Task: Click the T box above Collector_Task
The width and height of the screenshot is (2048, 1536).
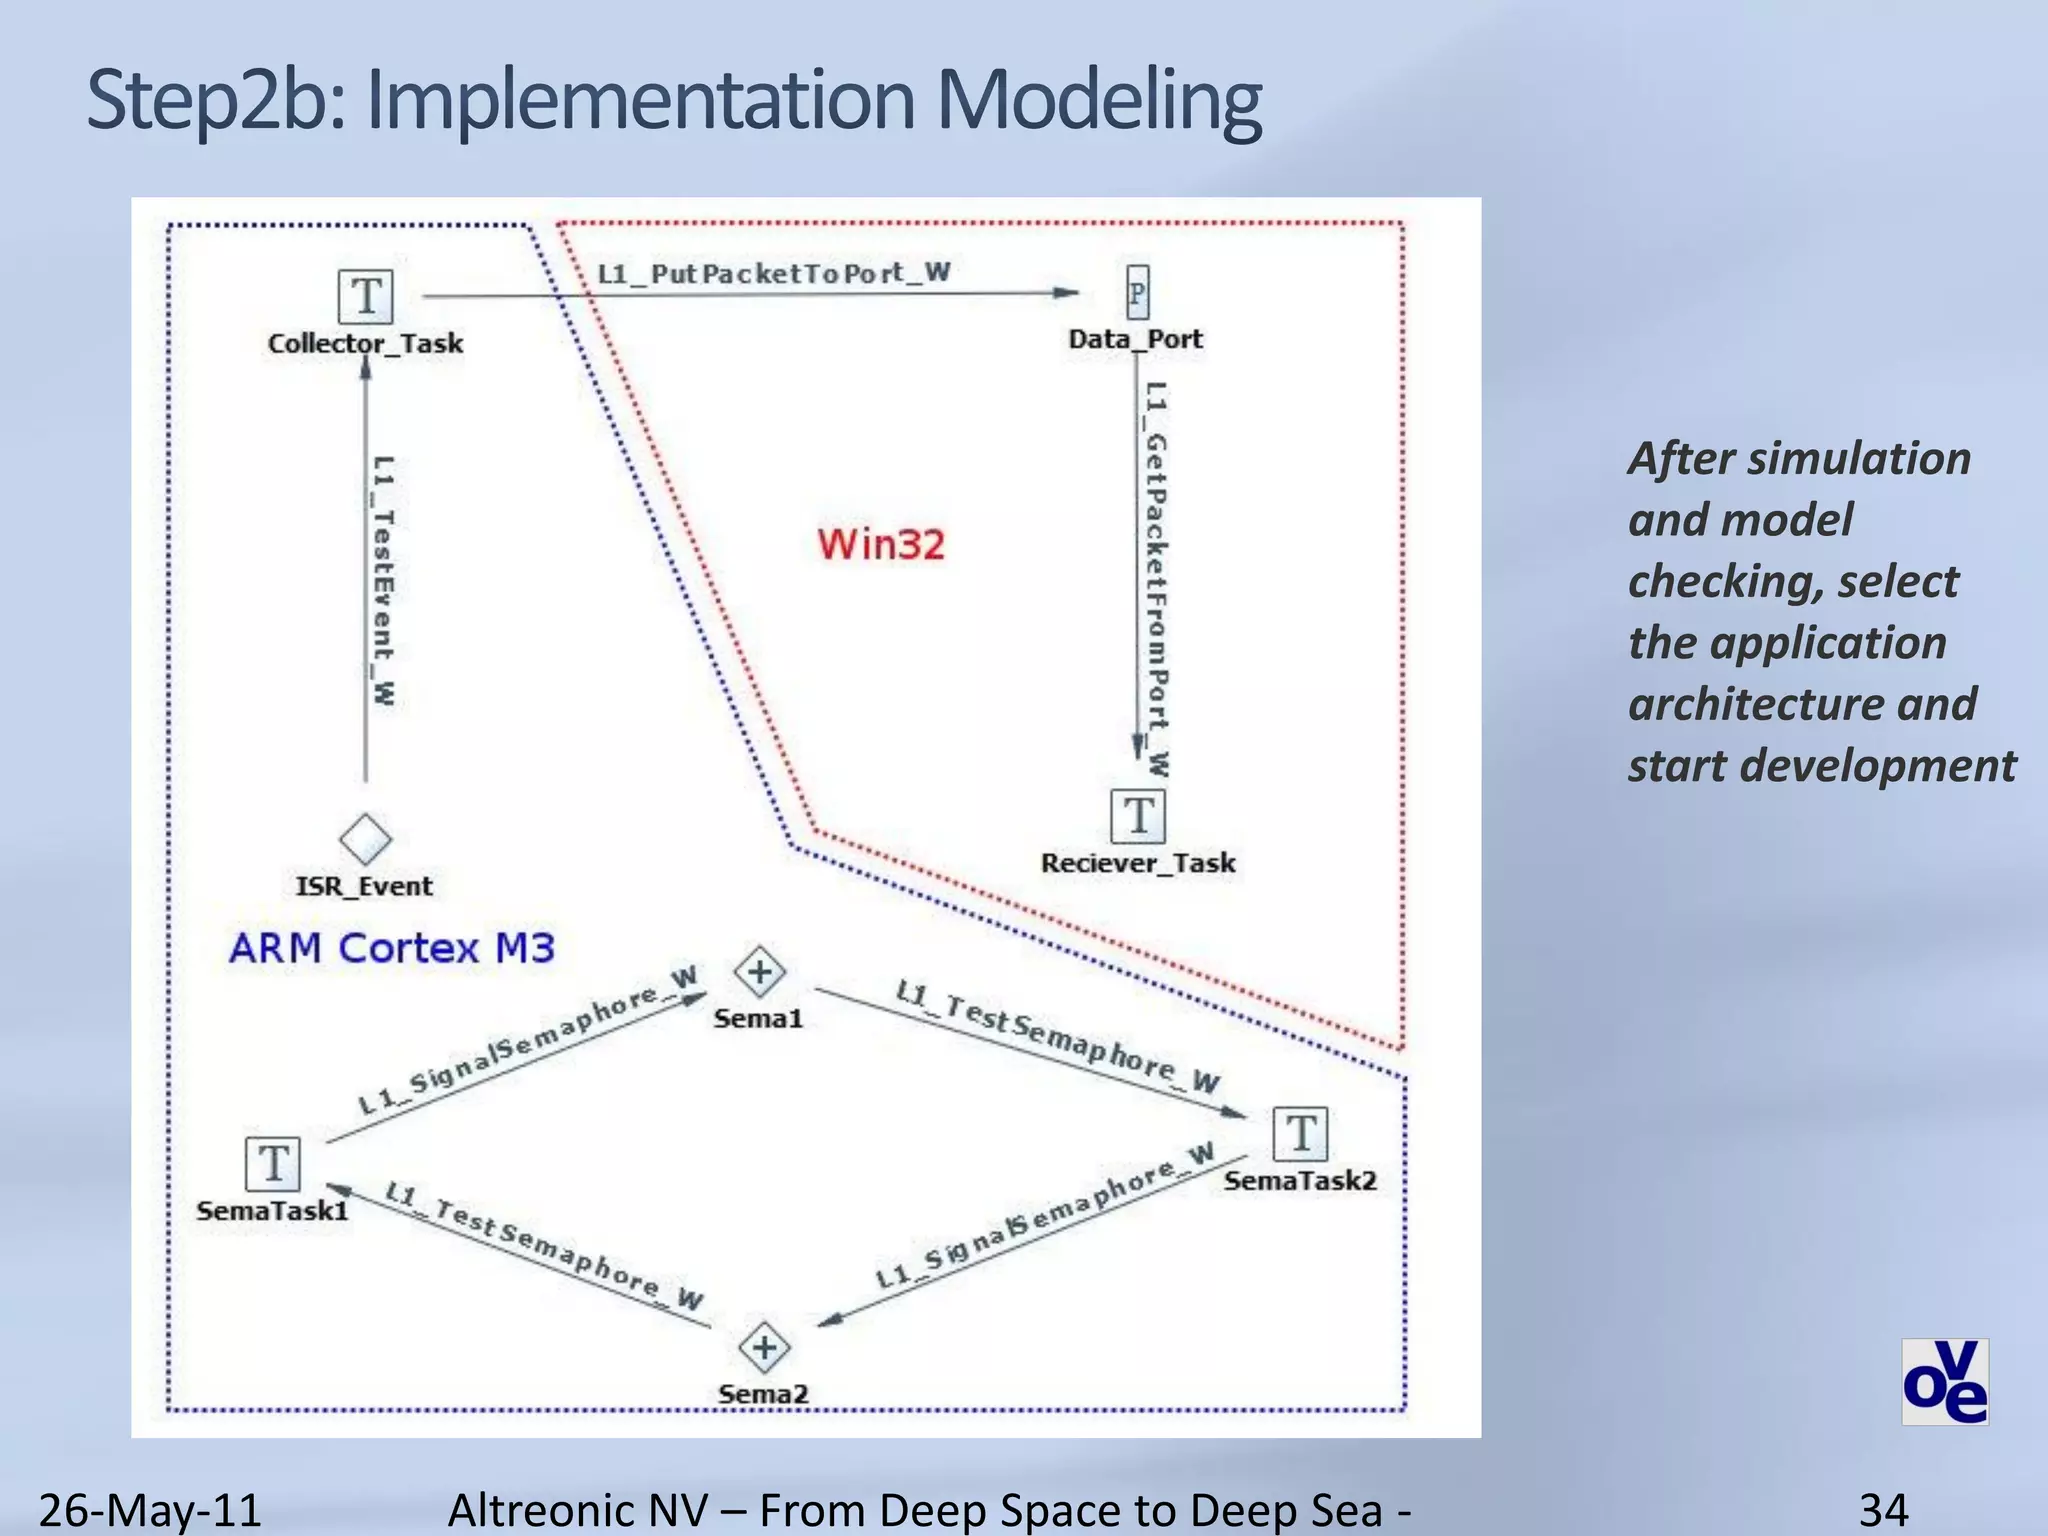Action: pyautogui.click(x=365, y=296)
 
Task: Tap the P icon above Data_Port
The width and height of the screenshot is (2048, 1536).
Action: pyautogui.click(x=1137, y=293)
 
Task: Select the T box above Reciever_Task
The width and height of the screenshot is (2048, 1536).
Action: pyautogui.click(x=1138, y=816)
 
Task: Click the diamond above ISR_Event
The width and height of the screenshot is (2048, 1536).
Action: pyautogui.click(x=365, y=838)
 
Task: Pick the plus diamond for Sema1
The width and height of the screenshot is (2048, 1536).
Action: pyautogui.click(x=760, y=972)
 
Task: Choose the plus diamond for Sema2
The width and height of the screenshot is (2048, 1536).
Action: pyautogui.click(x=765, y=1347)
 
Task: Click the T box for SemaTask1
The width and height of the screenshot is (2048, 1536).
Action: pyautogui.click(x=273, y=1164)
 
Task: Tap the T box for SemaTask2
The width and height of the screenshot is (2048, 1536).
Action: pyautogui.click(x=1301, y=1134)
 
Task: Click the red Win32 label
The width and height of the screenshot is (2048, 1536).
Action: pyautogui.click(x=881, y=545)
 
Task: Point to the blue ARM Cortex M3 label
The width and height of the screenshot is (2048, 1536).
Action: pyautogui.click(x=391, y=948)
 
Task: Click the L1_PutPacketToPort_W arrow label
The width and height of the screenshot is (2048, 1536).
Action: pyautogui.click(x=773, y=273)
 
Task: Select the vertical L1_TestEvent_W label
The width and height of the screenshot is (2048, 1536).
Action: pyautogui.click(x=383, y=580)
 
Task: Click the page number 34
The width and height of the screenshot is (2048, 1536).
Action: pyautogui.click(x=1883, y=1509)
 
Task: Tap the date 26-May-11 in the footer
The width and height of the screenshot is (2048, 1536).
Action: pyautogui.click(x=150, y=1509)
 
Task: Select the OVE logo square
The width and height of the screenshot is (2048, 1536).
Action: pyautogui.click(x=1944, y=1381)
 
